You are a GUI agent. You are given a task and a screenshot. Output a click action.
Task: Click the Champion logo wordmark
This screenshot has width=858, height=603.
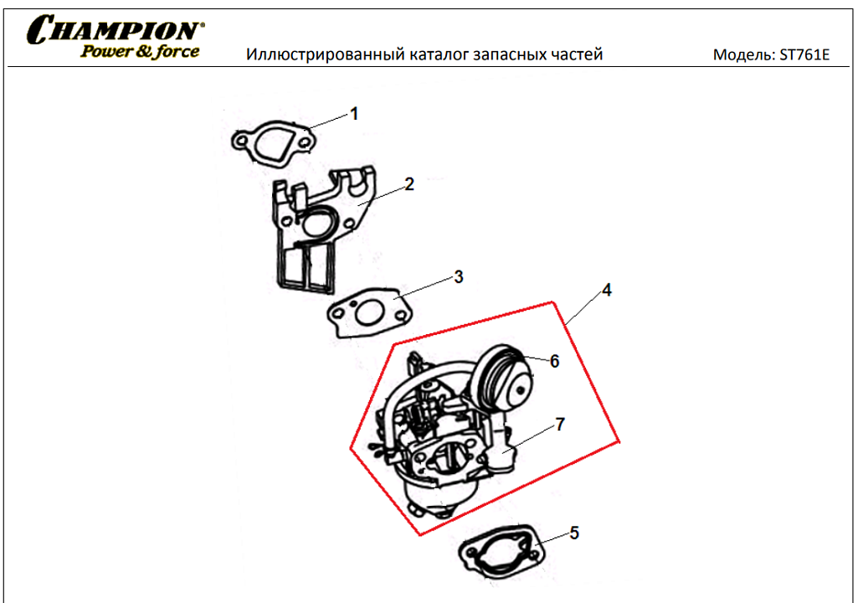(116, 29)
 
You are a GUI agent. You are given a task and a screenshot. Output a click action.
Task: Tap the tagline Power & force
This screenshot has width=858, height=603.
(140, 51)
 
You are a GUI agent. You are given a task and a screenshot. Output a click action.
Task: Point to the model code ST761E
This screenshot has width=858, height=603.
(804, 54)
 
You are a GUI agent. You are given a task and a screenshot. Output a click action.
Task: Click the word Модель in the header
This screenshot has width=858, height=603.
(743, 54)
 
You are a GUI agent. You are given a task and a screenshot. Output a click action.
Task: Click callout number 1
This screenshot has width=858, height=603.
(354, 114)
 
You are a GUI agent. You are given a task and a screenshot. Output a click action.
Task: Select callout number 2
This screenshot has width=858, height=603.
(409, 184)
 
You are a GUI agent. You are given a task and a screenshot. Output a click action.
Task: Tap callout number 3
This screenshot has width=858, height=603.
(459, 277)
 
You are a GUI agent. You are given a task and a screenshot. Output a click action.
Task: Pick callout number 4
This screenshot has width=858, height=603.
(606, 291)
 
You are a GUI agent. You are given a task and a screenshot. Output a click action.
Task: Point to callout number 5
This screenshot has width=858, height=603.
(574, 533)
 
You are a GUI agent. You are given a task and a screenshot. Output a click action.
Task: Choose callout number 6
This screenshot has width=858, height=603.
(554, 362)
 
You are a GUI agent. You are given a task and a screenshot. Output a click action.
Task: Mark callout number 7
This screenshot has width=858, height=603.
(560, 425)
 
